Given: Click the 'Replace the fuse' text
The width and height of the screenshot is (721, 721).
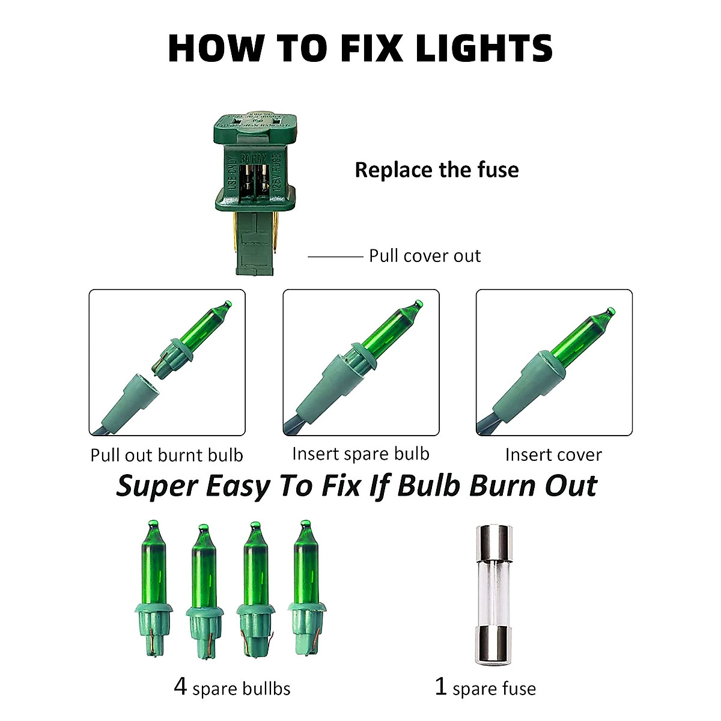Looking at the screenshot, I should (x=436, y=170).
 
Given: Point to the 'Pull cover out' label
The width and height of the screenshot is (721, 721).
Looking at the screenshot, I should (x=424, y=256).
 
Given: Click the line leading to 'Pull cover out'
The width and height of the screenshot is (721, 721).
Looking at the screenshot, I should (x=335, y=257).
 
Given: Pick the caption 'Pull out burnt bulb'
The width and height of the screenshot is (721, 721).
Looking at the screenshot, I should (x=166, y=455).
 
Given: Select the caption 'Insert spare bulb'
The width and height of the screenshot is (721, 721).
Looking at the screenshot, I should (x=360, y=454).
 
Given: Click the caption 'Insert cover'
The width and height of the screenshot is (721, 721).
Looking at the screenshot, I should (x=553, y=455).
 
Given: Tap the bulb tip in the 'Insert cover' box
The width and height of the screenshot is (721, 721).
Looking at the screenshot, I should (x=610, y=312).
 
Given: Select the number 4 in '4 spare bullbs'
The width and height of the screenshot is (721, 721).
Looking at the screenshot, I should (x=180, y=686).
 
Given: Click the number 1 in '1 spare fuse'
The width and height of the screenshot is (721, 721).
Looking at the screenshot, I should (x=441, y=686).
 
